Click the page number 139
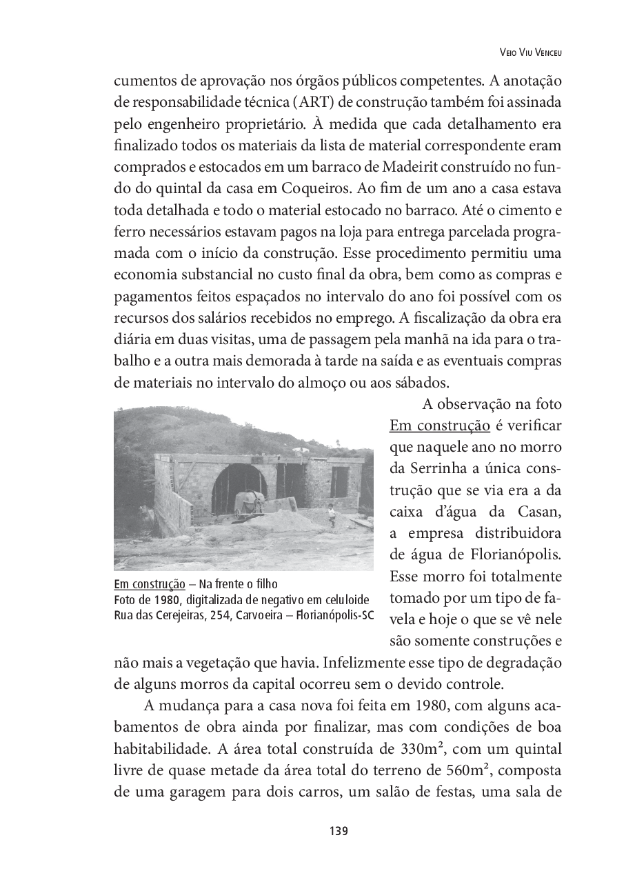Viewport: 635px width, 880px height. pos(339,831)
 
